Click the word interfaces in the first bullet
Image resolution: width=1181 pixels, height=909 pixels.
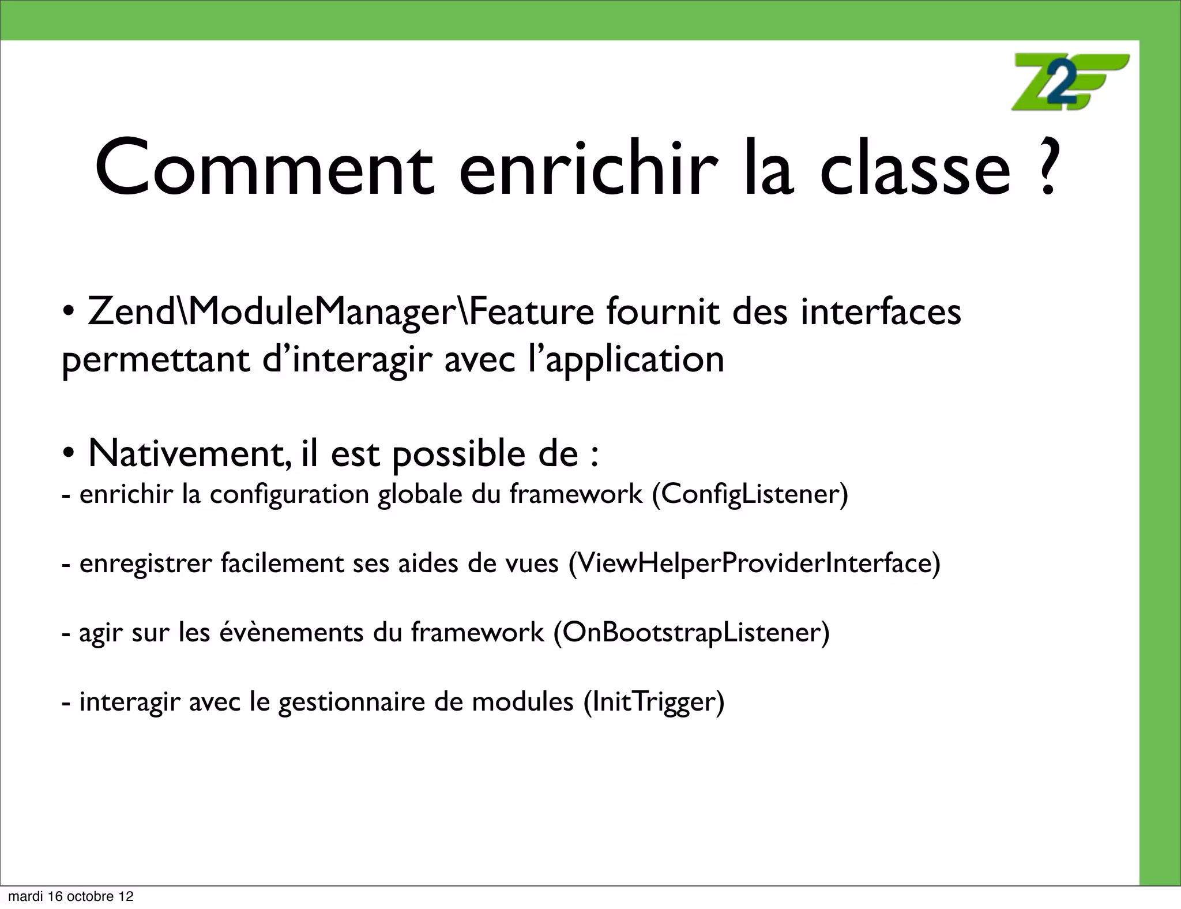coord(881,313)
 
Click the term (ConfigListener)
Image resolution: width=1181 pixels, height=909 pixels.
coord(750,494)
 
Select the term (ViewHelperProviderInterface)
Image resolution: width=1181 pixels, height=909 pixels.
coord(754,564)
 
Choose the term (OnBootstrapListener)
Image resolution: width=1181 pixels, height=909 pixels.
coord(691,633)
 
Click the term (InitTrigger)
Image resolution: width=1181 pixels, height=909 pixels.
coord(653,702)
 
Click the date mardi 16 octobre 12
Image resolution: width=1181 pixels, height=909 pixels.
coord(70,896)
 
